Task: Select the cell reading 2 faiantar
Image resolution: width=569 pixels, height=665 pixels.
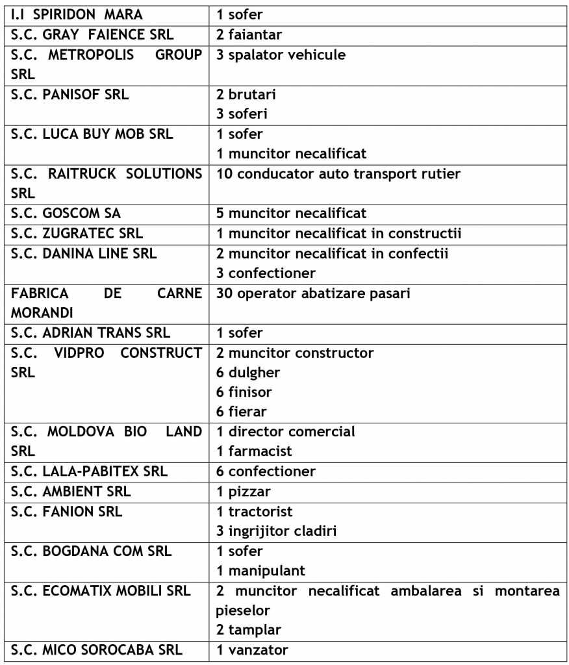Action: [249, 34]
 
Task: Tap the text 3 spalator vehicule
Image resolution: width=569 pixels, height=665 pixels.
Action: [281, 55]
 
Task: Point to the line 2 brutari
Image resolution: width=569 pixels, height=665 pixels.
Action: [246, 94]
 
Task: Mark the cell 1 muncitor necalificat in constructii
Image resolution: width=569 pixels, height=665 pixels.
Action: [339, 233]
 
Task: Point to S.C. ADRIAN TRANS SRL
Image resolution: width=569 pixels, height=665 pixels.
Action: [91, 333]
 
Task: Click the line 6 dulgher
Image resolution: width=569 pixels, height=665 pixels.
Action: [248, 373]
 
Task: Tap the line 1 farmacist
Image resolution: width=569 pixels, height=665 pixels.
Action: [254, 451]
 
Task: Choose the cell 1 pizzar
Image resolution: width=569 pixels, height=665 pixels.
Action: [244, 491]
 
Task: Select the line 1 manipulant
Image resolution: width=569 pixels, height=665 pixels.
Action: [261, 571]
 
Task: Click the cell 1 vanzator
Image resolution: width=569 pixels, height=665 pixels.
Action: [253, 649]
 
